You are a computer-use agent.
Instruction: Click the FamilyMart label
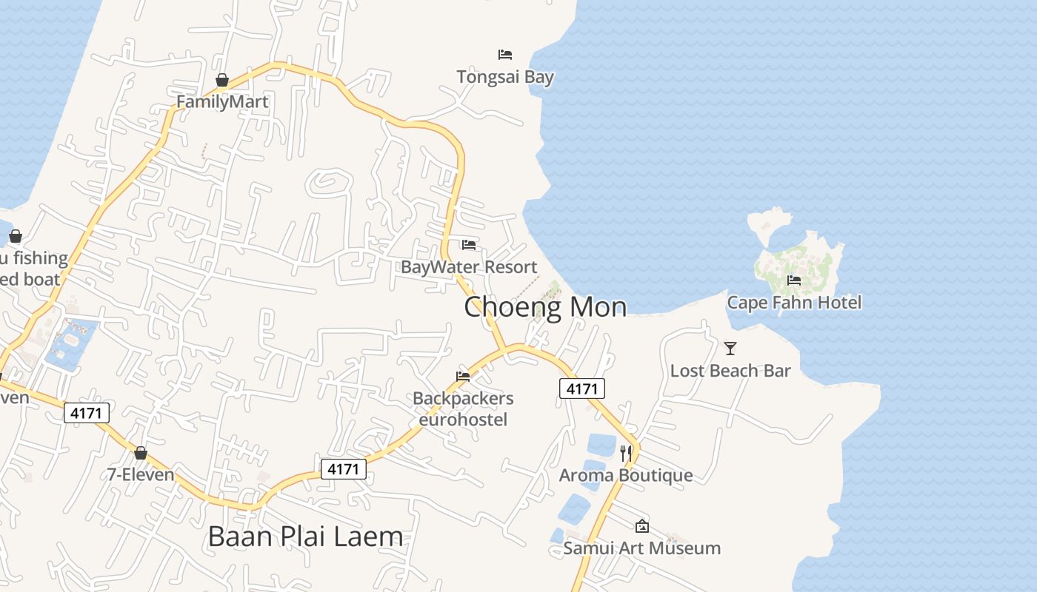(222, 101)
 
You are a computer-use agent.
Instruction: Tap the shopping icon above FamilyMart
(222, 80)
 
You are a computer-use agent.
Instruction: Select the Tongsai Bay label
(505, 76)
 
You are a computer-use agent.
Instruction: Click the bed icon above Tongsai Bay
(505, 54)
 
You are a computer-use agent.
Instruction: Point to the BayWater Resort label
(469, 266)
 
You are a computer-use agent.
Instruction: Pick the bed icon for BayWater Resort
(469, 245)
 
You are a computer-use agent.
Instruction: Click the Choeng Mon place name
(545, 306)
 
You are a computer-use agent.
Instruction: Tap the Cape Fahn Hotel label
(794, 302)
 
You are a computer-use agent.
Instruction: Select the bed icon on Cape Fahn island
(794, 280)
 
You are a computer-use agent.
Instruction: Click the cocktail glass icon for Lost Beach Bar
(730, 348)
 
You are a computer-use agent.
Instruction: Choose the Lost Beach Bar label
(730, 370)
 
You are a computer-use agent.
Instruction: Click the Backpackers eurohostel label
(463, 408)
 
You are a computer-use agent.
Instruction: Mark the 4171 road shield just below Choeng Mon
(582, 388)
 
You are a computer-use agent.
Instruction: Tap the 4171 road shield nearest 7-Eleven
(87, 412)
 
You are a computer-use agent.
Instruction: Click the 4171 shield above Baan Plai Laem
(344, 468)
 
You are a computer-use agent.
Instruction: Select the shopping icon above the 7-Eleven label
(141, 453)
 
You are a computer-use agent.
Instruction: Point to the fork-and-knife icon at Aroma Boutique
(627, 453)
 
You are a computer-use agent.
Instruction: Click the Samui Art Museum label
(641, 548)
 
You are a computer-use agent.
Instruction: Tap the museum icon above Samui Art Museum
(642, 526)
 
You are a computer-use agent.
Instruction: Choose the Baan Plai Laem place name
(305, 536)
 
